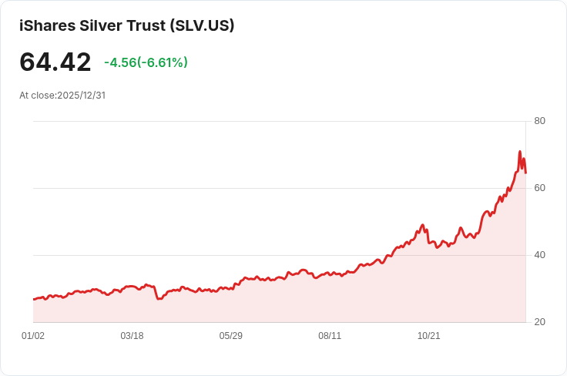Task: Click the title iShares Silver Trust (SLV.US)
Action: point(126,25)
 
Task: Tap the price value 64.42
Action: point(55,62)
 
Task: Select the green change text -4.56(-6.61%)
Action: point(146,62)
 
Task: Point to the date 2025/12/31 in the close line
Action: point(80,96)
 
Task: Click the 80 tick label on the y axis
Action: point(539,121)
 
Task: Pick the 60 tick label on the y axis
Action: point(539,188)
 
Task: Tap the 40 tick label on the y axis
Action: point(539,255)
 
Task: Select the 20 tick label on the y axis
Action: point(539,322)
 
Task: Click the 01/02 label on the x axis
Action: point(33,336)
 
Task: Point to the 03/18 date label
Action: point(132,336)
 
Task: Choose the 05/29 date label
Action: point(231,336)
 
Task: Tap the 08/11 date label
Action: point(330,336)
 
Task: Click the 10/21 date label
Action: point(428,336)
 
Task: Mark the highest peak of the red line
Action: point(520,152)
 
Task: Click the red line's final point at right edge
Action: point(525,173)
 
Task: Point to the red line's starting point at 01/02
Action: point(34,299)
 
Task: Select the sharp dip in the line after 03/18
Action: point(159,298)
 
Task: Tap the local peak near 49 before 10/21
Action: point(423,225)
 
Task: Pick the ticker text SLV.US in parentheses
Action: point(204,25)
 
